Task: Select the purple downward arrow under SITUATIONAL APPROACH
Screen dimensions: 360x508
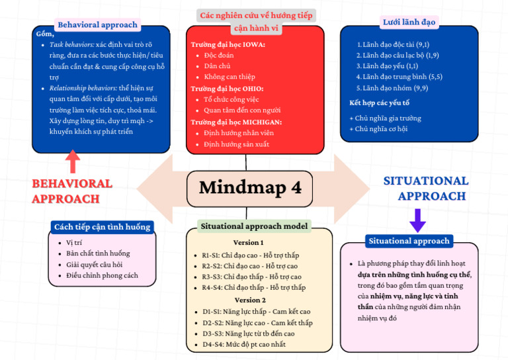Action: [417, 220]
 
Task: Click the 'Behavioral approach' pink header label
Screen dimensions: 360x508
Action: [97, 25]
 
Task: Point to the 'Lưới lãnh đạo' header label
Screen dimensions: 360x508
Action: [409, 22]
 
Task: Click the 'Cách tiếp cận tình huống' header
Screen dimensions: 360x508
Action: [102, 227]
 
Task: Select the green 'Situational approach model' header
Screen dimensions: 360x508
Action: [255, 226]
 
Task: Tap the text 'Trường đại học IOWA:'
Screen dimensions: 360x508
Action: [228, 44]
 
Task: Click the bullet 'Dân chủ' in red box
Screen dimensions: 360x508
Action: [217, 67]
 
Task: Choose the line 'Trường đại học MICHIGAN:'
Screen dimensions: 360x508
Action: [236, 122]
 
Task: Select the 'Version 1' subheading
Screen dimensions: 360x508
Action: [248, 242]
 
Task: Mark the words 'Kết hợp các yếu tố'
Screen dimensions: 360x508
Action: [379, 103]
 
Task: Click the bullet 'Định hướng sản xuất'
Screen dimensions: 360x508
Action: [236, 144]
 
